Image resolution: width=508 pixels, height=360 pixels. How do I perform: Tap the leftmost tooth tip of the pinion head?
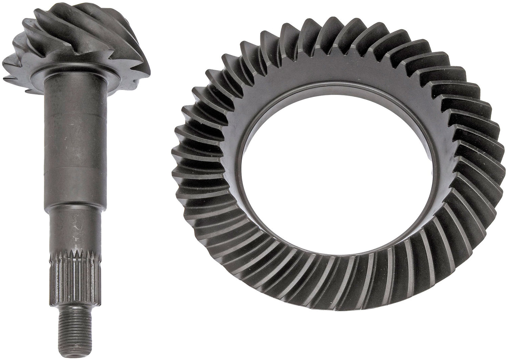click(8, 67)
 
